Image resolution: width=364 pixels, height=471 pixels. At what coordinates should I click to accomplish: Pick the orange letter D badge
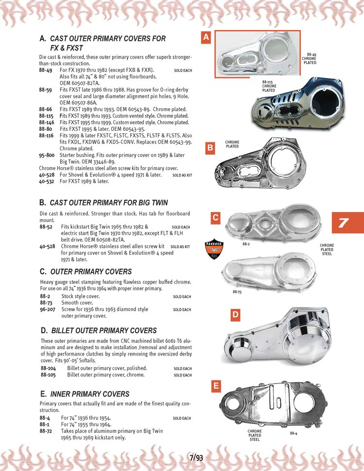[x=235, y=315]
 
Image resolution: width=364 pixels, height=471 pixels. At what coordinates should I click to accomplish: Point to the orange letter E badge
[x=216, y=386]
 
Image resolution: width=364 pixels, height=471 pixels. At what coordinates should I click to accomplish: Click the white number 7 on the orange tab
[x=343, y=224]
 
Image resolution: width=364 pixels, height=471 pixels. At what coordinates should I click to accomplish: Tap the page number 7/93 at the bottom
[x=196, y=457]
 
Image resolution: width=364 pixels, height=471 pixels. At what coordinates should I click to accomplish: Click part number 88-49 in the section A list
[x=46, y=70]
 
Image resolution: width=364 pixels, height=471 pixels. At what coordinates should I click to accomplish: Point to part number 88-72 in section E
[x=46, y=431]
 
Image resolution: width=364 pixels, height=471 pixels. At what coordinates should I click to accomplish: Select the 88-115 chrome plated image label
[x=269, y=86]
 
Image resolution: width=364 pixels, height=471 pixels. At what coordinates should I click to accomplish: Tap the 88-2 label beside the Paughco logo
[x=246, y=244]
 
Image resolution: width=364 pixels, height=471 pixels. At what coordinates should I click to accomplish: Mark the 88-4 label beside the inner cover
[x=294, y=433]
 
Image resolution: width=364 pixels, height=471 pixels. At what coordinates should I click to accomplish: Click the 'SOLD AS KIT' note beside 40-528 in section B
[x=180, y=246]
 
